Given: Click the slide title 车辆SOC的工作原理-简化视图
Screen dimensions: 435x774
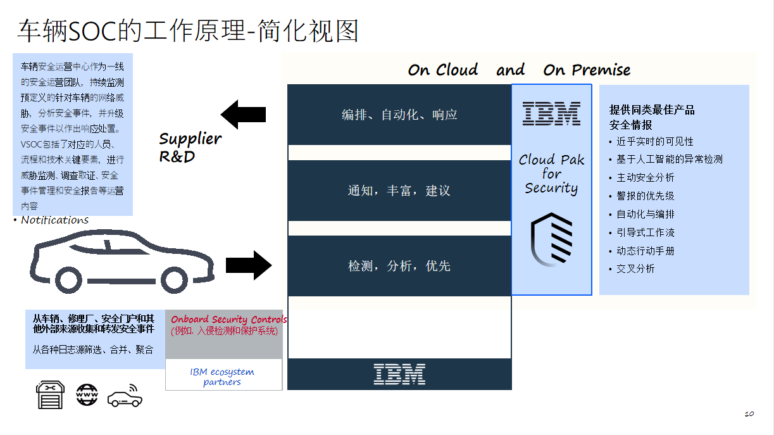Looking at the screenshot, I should (x=188, y=30).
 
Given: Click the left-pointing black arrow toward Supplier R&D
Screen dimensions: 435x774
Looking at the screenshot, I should (x=243, y=115).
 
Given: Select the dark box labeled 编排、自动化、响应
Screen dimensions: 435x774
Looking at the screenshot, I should (x=399, y=115).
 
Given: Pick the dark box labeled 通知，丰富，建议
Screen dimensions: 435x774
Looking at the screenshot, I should (x=399, y=191).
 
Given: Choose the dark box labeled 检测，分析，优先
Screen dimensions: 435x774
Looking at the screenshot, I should (x=399, y=266).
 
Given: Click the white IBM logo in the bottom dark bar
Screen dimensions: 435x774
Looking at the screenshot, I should (x=399, y=374).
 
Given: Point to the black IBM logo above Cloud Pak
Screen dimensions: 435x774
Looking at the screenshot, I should (x=551, y=113).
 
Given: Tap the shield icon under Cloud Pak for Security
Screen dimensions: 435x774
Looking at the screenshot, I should (x=551, y=239).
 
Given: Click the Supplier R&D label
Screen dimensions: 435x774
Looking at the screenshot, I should (x=190, y=147).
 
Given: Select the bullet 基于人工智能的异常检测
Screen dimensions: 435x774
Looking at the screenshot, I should (x=669, y=160).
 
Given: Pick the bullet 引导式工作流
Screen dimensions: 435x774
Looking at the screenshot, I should (x=645, y=233).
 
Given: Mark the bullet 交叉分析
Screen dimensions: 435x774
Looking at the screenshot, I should (x=635, y=268).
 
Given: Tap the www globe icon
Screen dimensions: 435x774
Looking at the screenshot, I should (x=87, y=394).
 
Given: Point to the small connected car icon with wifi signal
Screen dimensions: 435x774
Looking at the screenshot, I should (x=125, y=396).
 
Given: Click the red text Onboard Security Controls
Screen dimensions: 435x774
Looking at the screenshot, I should (x=228, y=320).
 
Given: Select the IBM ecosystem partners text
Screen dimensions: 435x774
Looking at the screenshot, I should (x=222, y=377).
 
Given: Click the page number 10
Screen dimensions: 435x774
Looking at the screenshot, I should (x=749, y=414).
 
